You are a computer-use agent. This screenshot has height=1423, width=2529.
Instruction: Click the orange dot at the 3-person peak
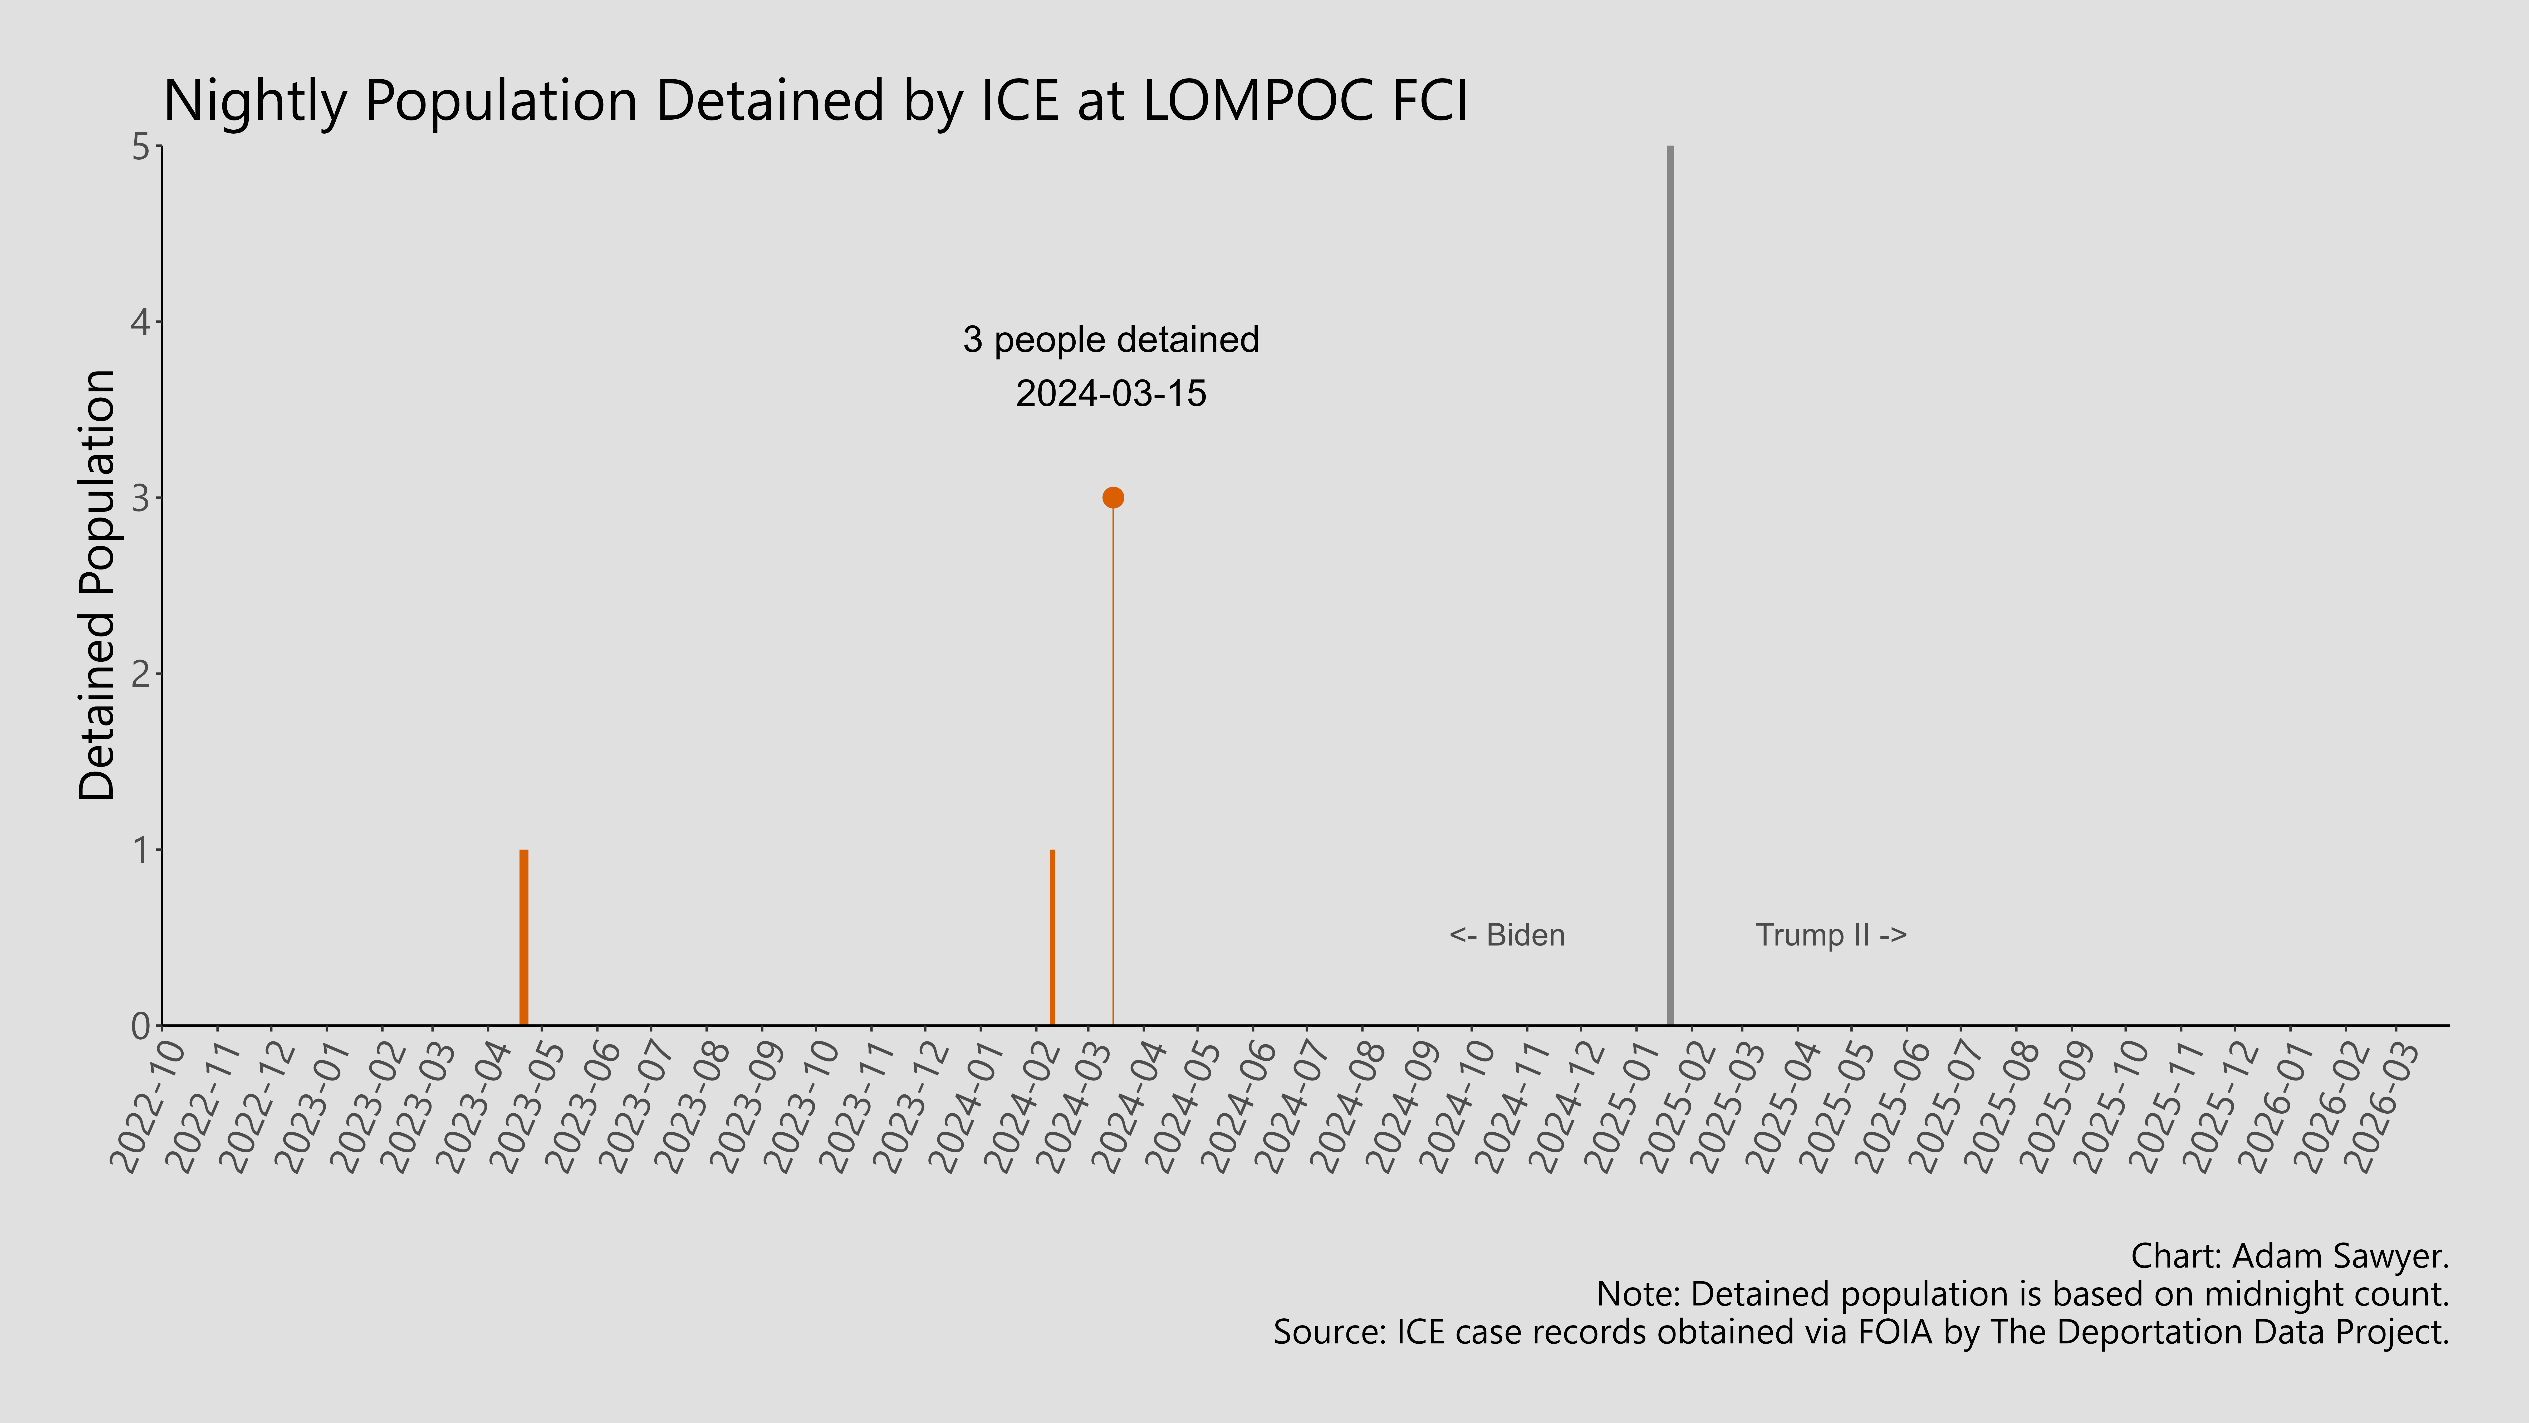1112,498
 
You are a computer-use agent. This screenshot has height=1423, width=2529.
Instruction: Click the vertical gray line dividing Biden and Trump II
1670,589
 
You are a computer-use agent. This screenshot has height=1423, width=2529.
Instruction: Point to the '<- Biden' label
1507,935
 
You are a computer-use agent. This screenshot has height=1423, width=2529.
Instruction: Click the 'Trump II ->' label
1831,935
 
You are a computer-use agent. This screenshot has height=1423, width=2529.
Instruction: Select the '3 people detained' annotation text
1110,340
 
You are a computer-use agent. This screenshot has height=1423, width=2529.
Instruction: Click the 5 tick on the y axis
140,147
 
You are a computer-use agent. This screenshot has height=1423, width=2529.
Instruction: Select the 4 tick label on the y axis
140,322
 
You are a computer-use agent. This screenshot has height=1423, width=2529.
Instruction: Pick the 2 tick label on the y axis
140,674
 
